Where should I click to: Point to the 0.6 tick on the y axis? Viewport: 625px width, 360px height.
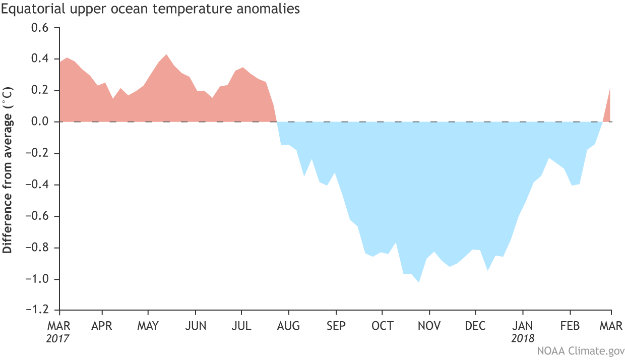[x=40, y=28]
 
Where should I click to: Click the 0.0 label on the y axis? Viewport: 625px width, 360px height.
[x=40, y=122]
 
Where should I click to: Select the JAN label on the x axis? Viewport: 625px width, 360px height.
[x=523, y=326]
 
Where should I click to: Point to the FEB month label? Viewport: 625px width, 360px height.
[x=570, y=326]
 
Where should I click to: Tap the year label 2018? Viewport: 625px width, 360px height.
[x=523, y=338]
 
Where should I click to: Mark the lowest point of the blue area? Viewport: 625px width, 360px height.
[x=418, y=281]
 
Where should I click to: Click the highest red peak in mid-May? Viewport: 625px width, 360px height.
[x=166, y=55]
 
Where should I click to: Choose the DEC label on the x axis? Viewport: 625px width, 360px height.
[x=475, y=326]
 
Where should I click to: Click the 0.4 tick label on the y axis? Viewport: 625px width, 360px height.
[x=40, y=59]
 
